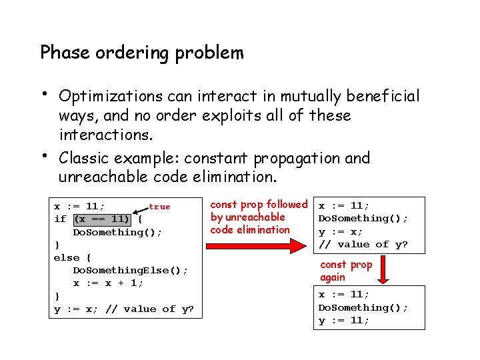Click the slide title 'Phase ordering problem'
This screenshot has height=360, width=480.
142,53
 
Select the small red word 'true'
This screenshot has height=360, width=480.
159,207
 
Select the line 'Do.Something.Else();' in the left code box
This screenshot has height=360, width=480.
130,270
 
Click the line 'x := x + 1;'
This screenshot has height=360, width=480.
108,283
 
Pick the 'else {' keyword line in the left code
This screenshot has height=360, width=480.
73,257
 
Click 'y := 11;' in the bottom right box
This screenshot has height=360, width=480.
343,321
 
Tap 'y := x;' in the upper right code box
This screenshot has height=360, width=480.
340,231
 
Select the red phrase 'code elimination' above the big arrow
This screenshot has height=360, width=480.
250,230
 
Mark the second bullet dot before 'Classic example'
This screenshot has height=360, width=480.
43,155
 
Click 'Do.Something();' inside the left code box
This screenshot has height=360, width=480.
117,232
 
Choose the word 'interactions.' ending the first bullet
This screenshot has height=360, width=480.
106,135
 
